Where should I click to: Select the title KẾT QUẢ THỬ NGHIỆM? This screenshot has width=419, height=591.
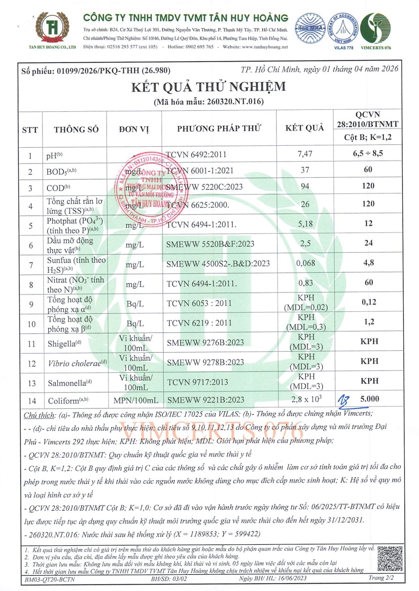[x=208, y=87]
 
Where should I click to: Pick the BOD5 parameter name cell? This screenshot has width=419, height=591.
[x=62, y=171]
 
